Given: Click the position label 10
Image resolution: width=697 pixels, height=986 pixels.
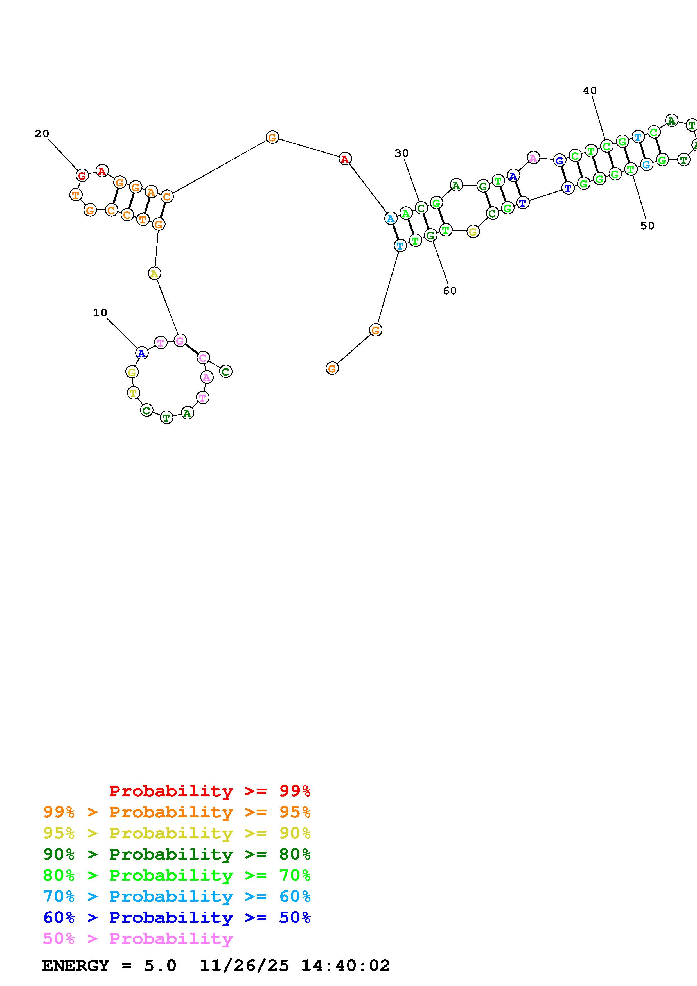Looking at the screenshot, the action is [x=100, y=313].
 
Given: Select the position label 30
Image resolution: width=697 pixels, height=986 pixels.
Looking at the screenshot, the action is [x=401, y=153].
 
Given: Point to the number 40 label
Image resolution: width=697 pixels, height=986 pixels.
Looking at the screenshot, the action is [x=590, y=91].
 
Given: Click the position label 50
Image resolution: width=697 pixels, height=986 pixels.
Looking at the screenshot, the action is [x=647, y=226].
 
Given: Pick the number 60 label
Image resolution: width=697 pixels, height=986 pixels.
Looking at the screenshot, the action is [x=450, y=291].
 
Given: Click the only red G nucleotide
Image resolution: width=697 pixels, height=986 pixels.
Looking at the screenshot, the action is [x=82, y=175].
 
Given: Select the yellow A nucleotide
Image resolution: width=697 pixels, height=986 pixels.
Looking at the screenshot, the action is [x=154, y=273].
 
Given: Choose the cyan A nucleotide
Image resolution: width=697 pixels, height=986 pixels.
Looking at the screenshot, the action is [x=390, y=219].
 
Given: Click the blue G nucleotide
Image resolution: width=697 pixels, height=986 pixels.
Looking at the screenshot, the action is [x=559, y=160].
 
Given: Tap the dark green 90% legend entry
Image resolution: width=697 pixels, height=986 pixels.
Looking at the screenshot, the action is [x=177, y=854].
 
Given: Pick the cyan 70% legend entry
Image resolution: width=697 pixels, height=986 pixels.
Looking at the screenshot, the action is [x=177, y=896].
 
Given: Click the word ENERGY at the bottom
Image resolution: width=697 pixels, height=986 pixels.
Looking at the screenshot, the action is [x=76, y=965].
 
